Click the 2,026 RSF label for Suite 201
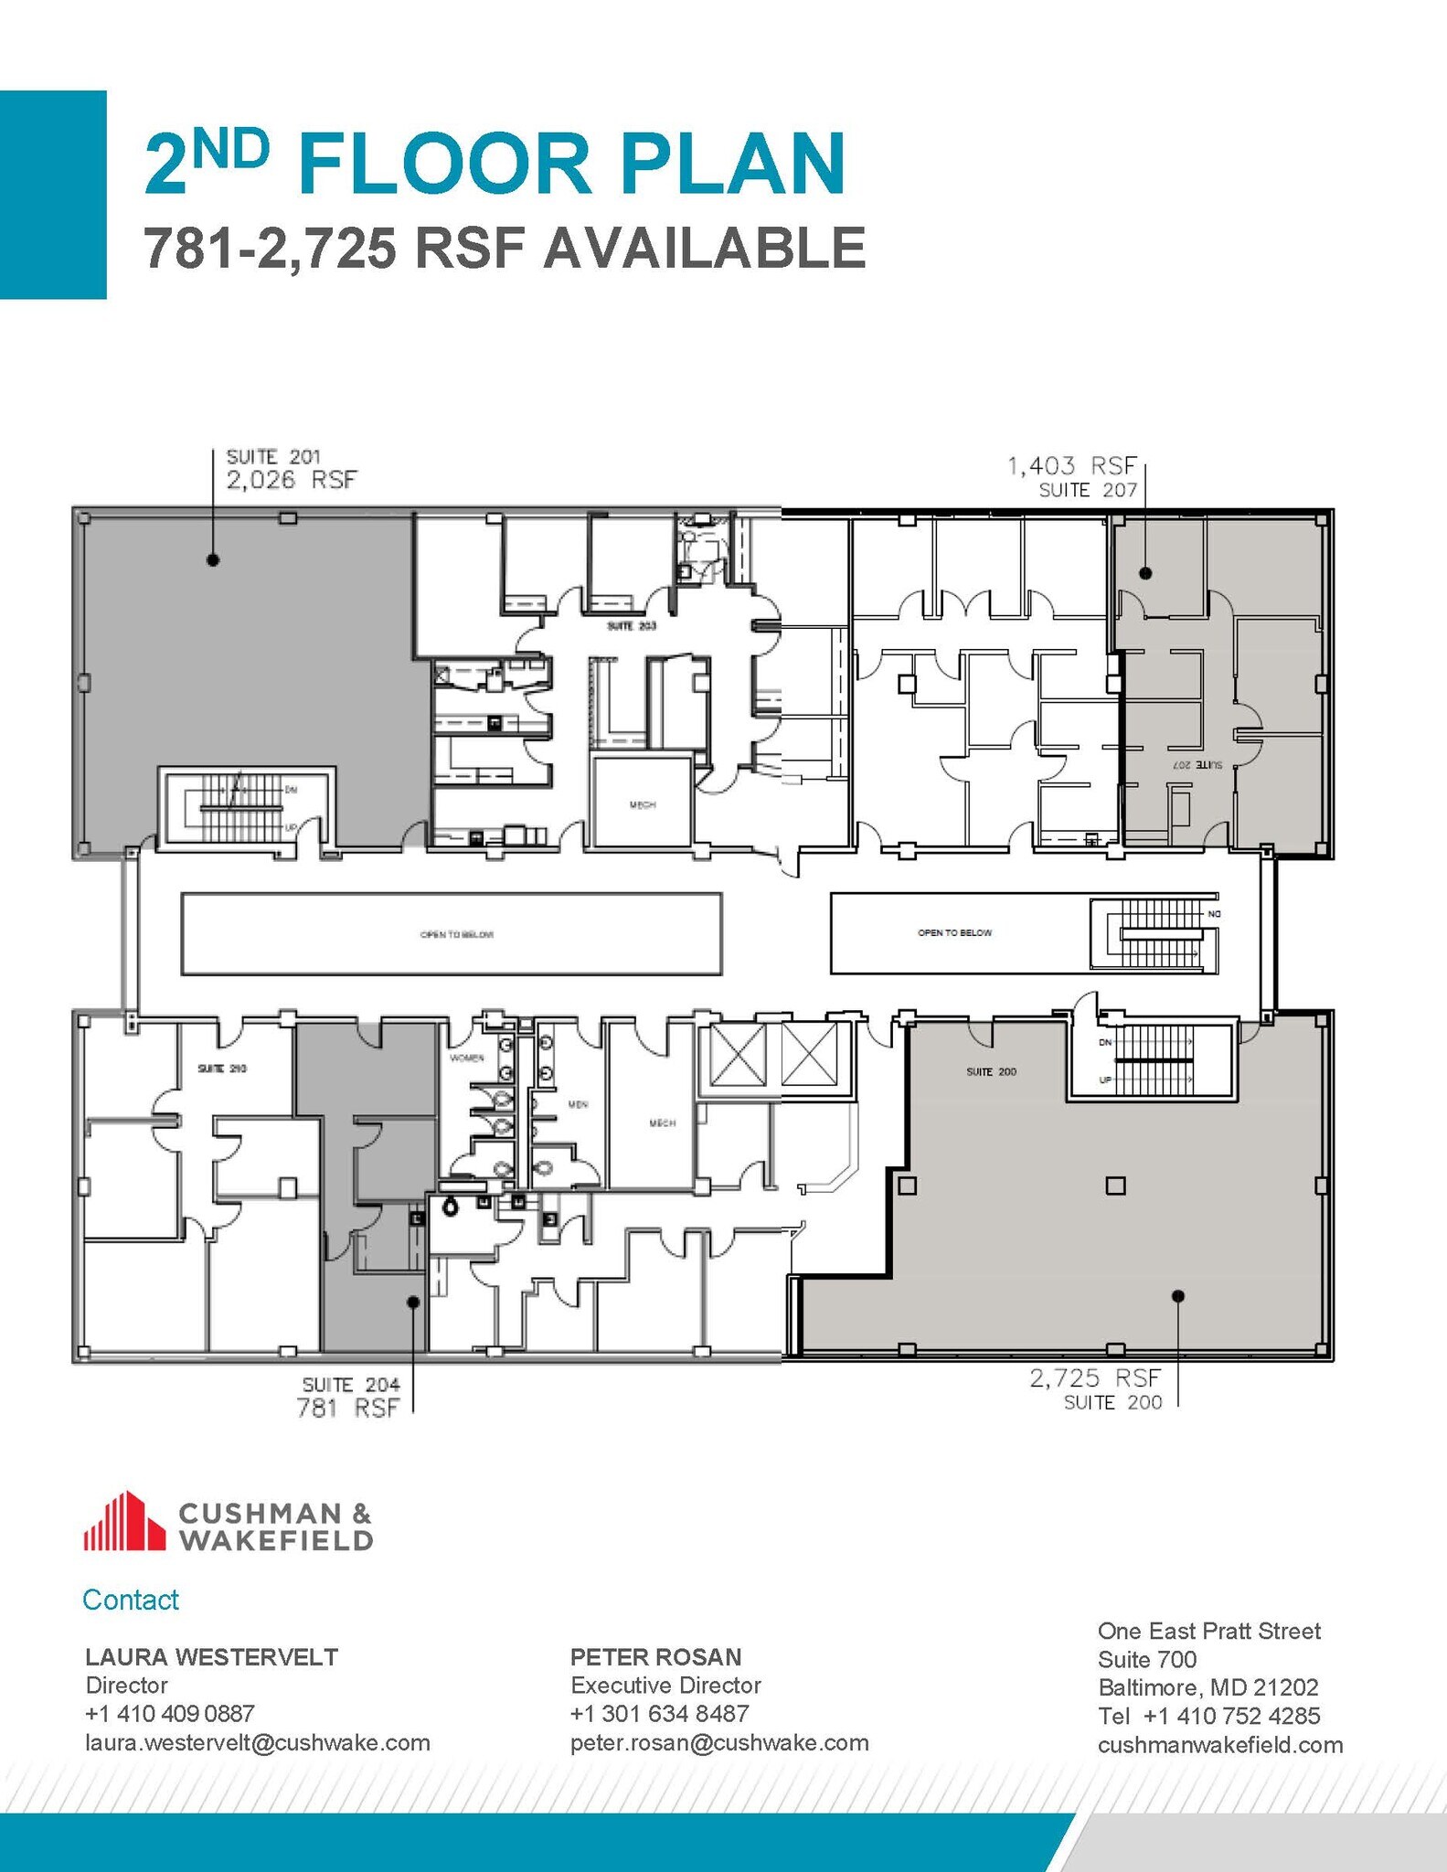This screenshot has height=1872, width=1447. click(291, 480)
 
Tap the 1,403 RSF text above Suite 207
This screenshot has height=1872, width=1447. click(1071, 467)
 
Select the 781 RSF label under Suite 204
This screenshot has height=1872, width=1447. click(347, 1409)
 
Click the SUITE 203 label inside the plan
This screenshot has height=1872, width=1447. click(632, 627)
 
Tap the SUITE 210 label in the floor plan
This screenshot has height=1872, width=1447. click(222, 1069)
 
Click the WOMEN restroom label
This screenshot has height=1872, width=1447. click(466, 1058)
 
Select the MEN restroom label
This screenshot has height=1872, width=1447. click(578, 1105)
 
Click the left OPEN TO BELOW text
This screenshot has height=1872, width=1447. click(456, 935)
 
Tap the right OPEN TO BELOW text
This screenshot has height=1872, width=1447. click(954, 933)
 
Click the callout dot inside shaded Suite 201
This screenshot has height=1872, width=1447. click(213, 560)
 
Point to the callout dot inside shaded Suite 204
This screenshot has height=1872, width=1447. click(413, 1302)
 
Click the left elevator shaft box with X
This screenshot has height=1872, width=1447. click(738, 1056)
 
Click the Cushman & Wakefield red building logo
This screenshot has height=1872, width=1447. click(124, 1522)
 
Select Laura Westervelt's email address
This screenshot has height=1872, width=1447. click(258, 1743)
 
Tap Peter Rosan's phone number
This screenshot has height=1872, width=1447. click(659, 1714)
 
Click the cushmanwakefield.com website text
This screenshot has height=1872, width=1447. click(1219, 1745)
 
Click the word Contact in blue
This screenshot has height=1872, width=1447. click(131, 1600)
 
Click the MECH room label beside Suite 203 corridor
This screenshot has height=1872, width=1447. click(643, 805)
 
